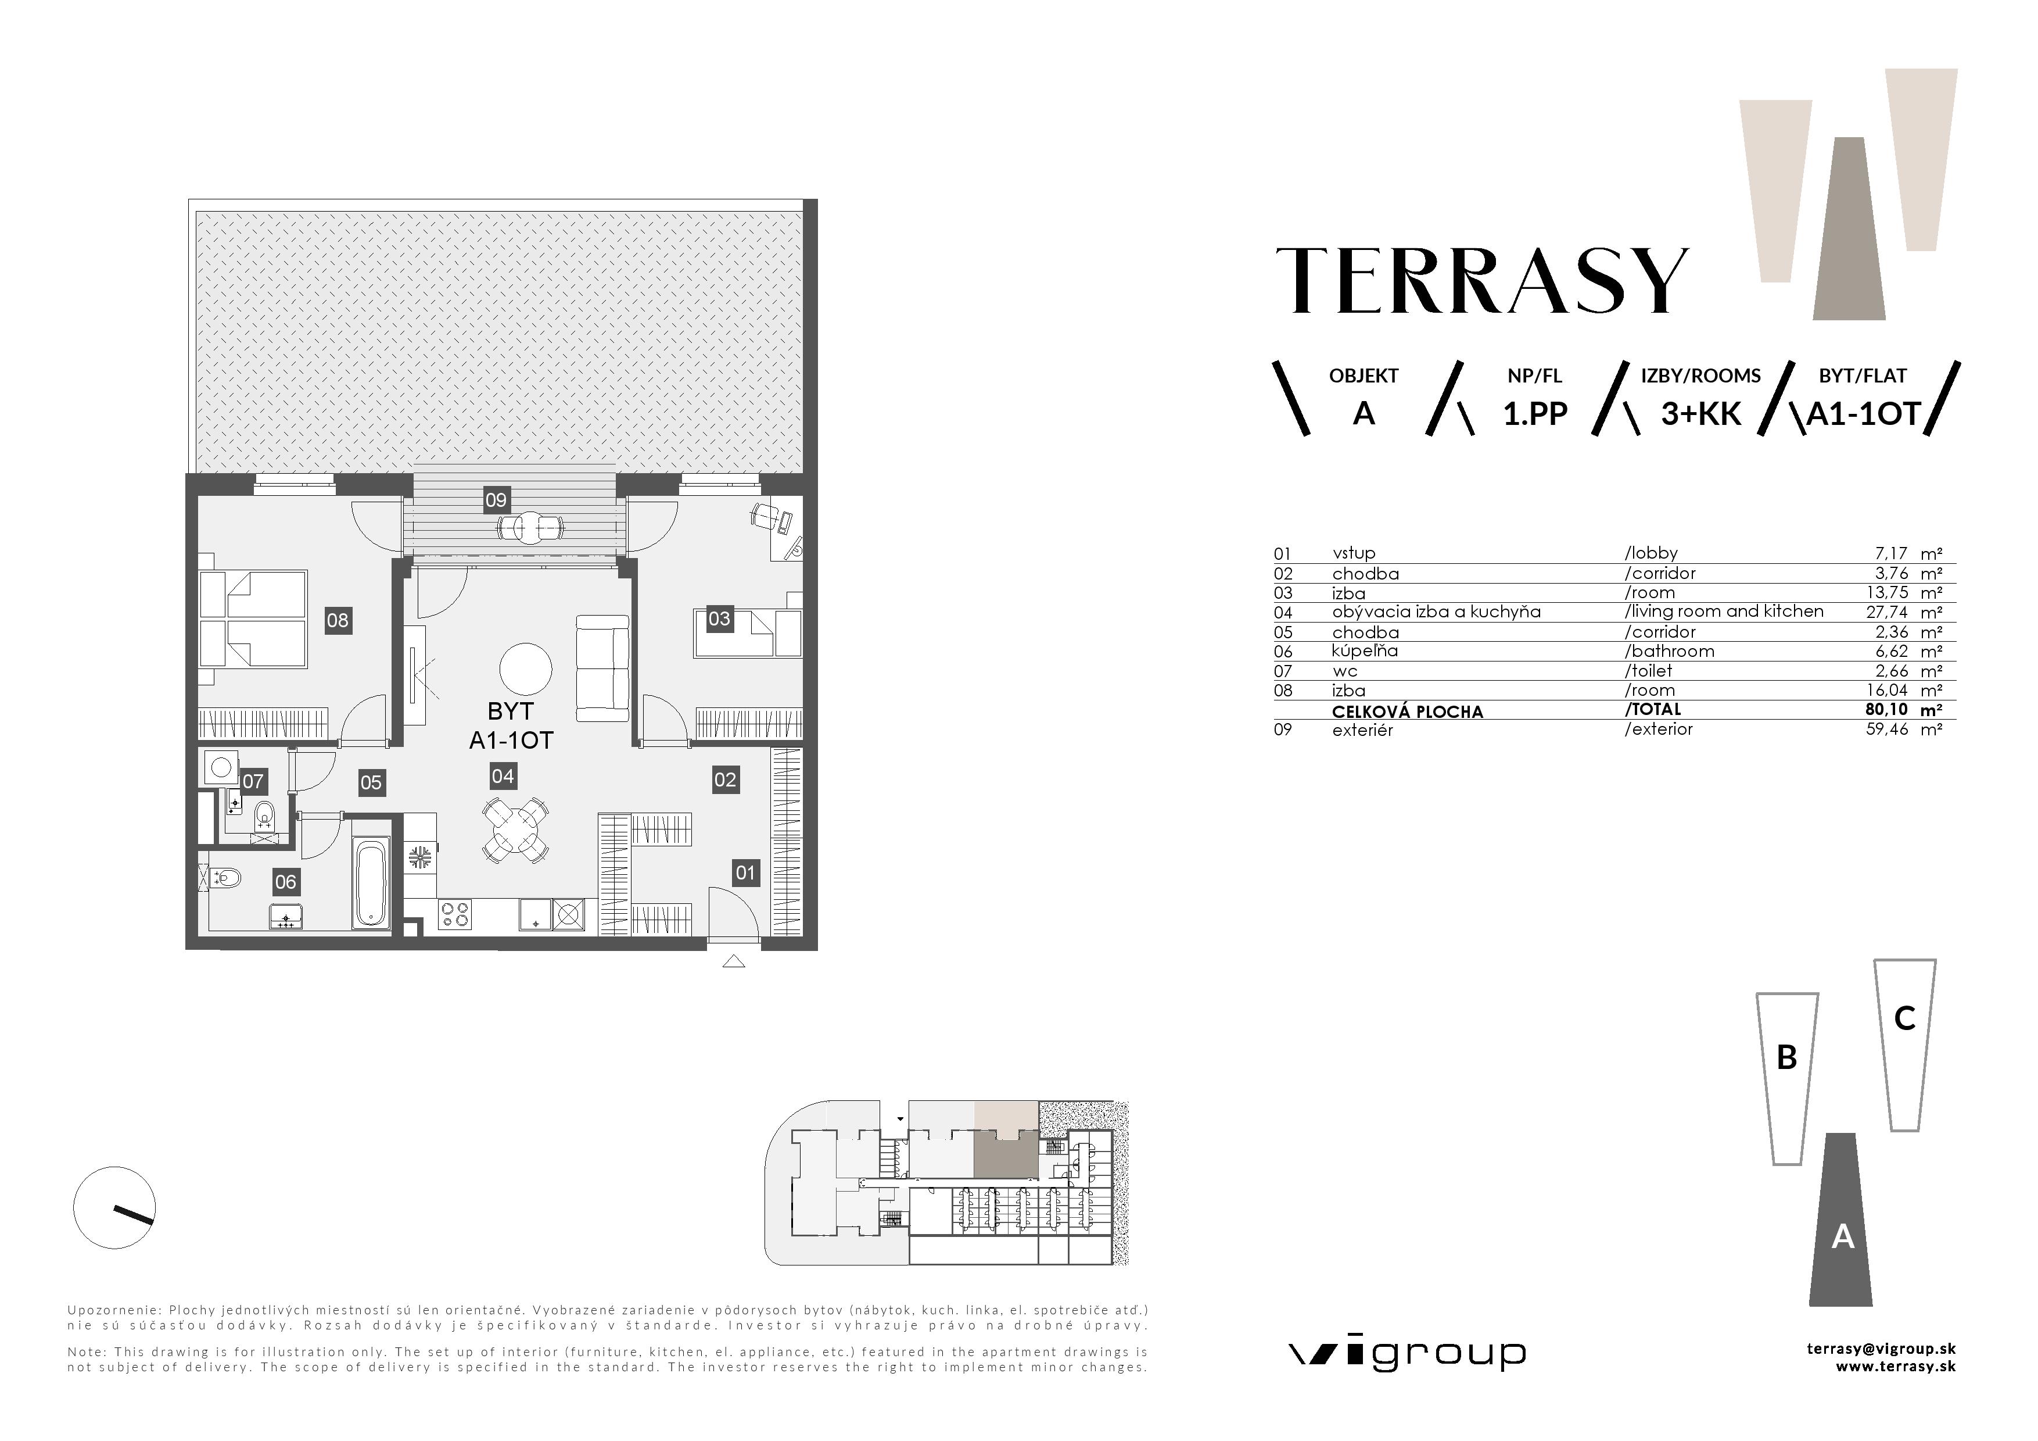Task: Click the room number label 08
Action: [x=338, y=620]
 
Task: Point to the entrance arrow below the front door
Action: [x=733, y=961]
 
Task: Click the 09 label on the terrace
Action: [x=496, y=500]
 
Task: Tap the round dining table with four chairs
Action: [x=515, y=830]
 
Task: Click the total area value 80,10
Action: [x=1886, y=709]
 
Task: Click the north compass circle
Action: [x=114, y=1207]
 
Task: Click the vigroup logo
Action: [x=1407, y=1355]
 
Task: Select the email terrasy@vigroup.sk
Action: [x=1881, y=1348]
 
